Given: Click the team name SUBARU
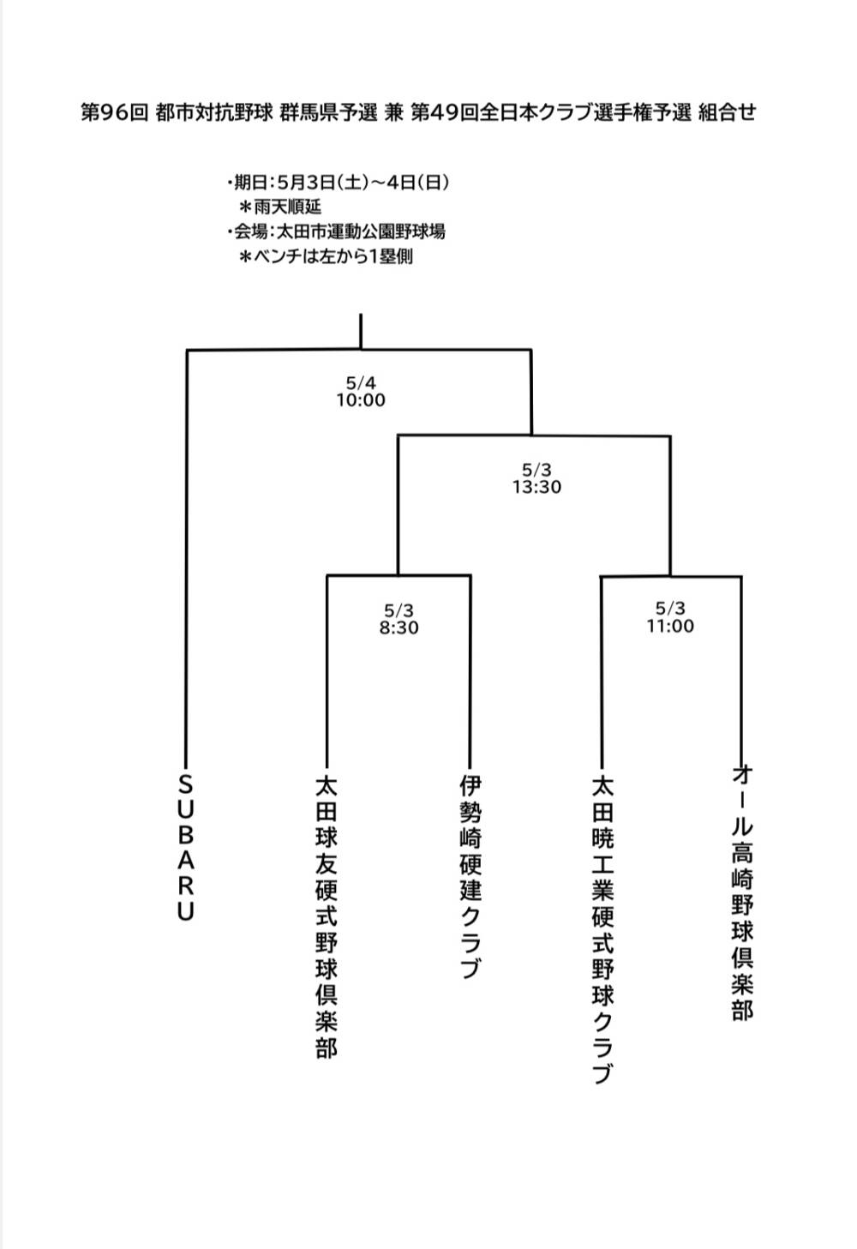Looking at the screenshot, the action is pos(186,849).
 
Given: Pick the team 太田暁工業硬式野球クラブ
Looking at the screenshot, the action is pos(602,930).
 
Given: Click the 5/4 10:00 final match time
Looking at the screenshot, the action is pos(361,392).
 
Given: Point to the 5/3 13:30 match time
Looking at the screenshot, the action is pos(537,478).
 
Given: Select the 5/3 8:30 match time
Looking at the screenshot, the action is pos(399,619).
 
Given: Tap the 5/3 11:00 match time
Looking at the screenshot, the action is pos(670,617).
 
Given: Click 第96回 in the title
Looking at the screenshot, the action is pos(115,112).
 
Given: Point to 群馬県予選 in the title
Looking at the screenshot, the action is pos(328,112).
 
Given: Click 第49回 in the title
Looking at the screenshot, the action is pos(445,112).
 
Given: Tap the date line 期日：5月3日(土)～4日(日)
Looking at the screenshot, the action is pos(339,183).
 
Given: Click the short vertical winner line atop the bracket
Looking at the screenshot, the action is pos(361,331).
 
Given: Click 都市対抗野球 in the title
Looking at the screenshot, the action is pos(214,112).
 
